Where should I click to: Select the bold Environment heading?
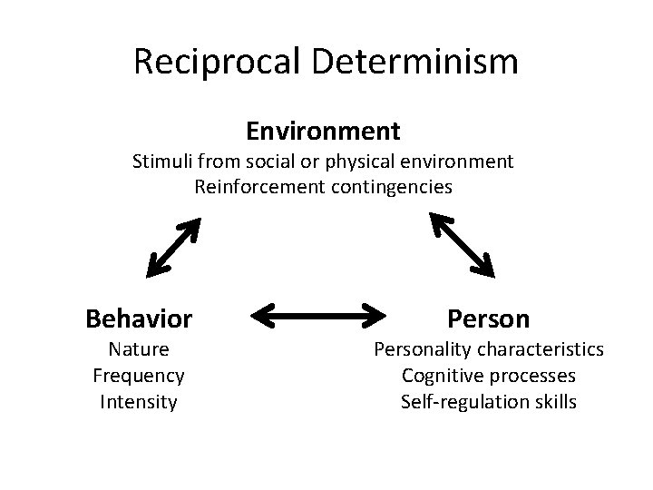click(x=323, y=132)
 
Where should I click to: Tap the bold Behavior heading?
click(x=139, y=318)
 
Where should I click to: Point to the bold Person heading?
click(x=488, y=318)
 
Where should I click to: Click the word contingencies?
click(x=392, y=188)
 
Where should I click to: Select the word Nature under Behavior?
click(x=138, y=349)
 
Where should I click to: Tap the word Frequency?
click(x=138, y=376)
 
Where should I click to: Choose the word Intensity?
click(x=138, y=401)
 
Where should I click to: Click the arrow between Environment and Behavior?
click(x=173, y=246)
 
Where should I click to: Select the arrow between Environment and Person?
click(x=462, y=243)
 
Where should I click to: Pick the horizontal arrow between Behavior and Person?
click(x=319, y=317)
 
